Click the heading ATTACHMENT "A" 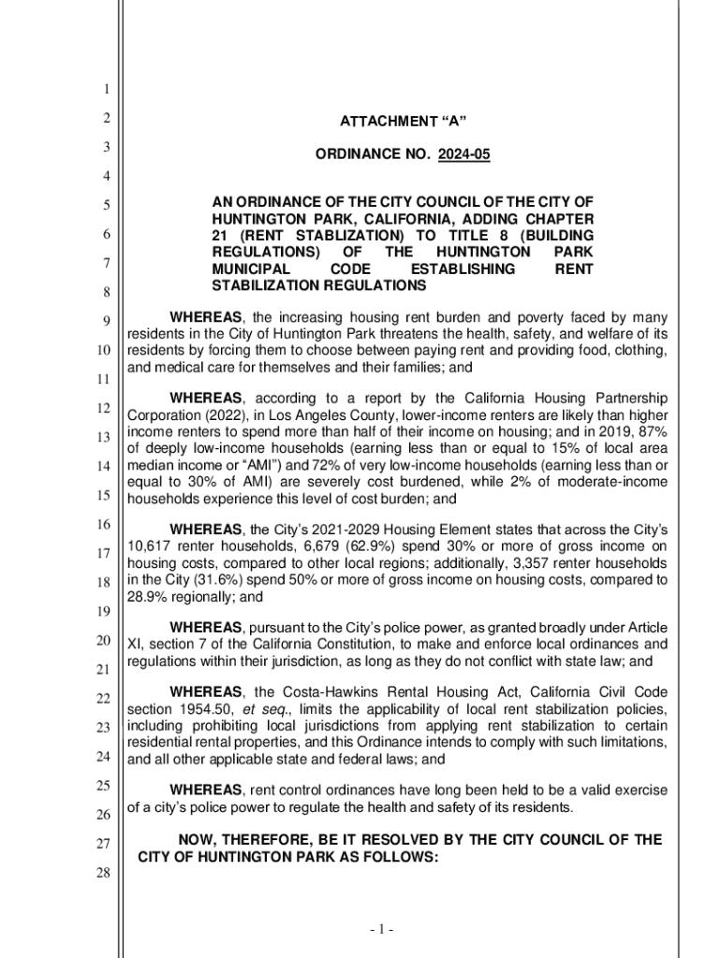click(403, 122)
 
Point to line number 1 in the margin click(107, 90)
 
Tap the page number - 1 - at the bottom click(380, 930)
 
